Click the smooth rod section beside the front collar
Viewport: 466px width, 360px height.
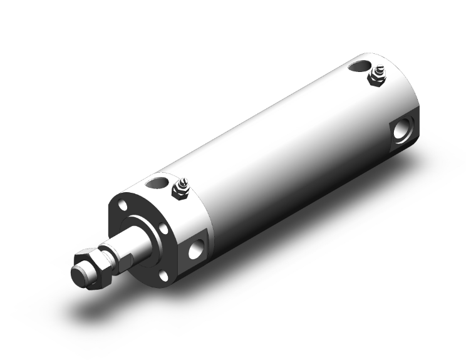[x=143, y=241]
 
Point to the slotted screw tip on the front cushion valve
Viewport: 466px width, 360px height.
[x=180, y=183]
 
